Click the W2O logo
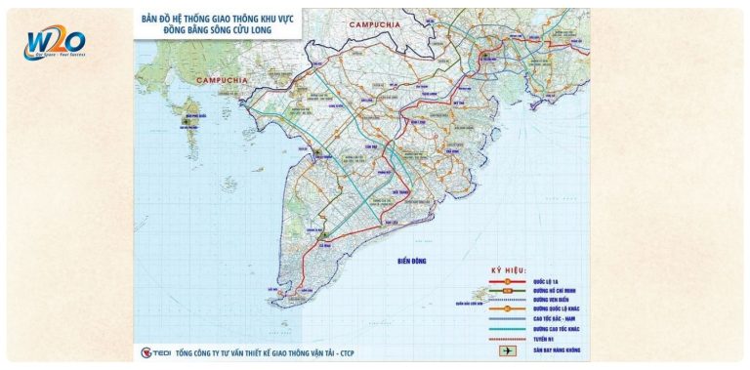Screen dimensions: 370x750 coord(57,43)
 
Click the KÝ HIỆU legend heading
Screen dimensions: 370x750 coord(509,269)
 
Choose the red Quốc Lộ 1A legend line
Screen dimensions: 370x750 coord(508,280)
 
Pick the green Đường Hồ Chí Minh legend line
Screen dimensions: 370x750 coord(508,290)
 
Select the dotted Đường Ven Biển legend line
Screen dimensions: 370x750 coord(508,300)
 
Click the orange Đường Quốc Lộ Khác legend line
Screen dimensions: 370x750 coord(508,309)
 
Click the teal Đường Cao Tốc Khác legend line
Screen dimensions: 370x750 coord(508,329)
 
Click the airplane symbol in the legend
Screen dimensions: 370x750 coord(508,349)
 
